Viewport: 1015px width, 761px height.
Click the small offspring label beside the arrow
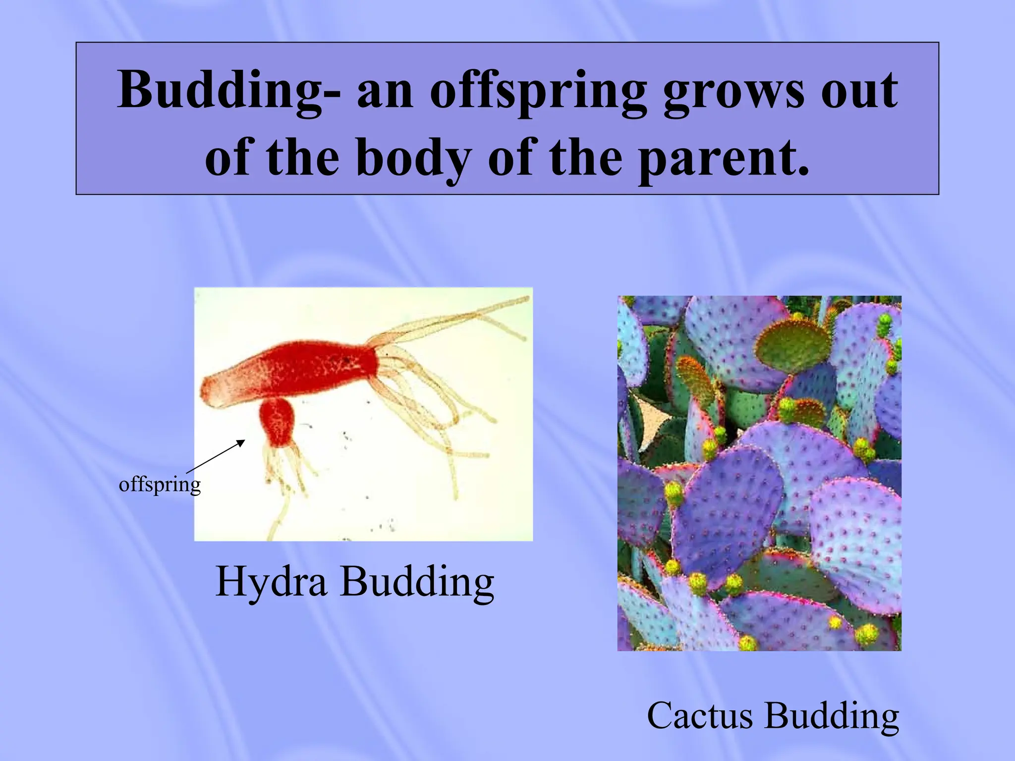click(x=160, y=484)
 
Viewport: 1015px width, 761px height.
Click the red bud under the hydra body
click(x=278, y=423)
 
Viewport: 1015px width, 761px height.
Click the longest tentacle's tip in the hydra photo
click(x=526, y=298)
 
